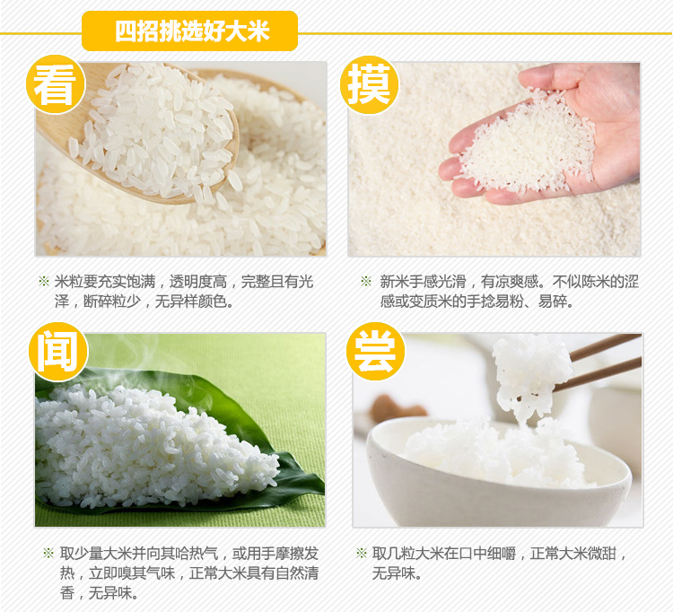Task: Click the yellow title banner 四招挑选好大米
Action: [189, 31]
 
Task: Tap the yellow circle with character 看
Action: [56, 84]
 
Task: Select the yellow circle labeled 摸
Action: [370, 84]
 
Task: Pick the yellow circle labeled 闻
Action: [58, 352]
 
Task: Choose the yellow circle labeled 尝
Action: [376, 351]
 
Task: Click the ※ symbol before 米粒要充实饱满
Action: [44, 281]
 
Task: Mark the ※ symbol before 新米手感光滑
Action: [366, 281]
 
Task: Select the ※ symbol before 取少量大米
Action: [48, 553]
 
